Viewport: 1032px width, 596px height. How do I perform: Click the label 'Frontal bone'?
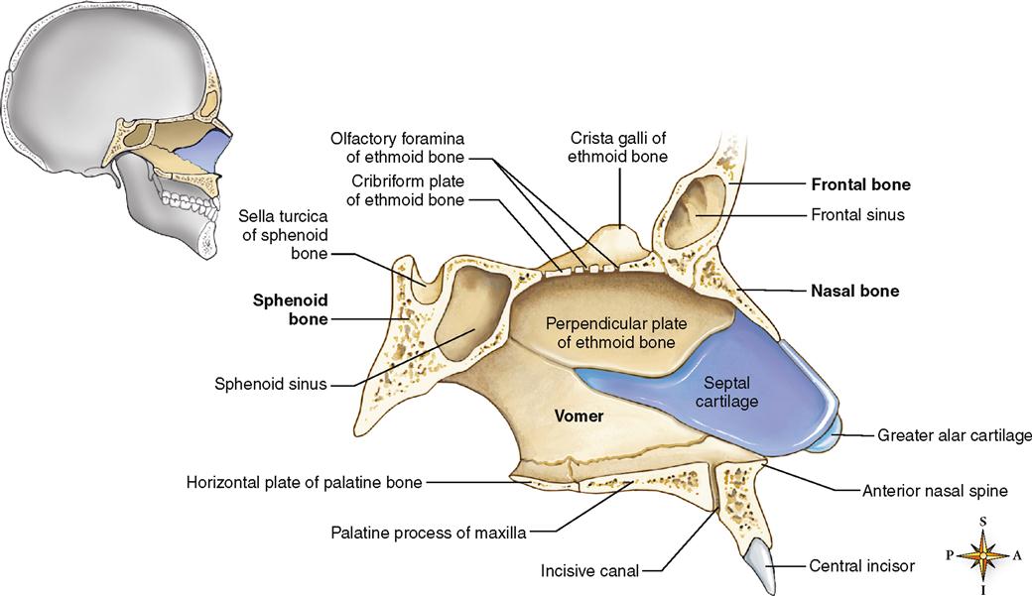(860, 184)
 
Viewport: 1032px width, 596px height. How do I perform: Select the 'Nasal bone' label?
(854, 292)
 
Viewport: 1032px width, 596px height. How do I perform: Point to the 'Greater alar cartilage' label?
(953, 434)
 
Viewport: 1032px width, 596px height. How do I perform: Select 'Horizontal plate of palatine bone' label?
(304, 483)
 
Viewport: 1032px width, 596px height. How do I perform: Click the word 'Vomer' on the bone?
(579, 416)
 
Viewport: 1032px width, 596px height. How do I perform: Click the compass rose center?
(982, 555)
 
